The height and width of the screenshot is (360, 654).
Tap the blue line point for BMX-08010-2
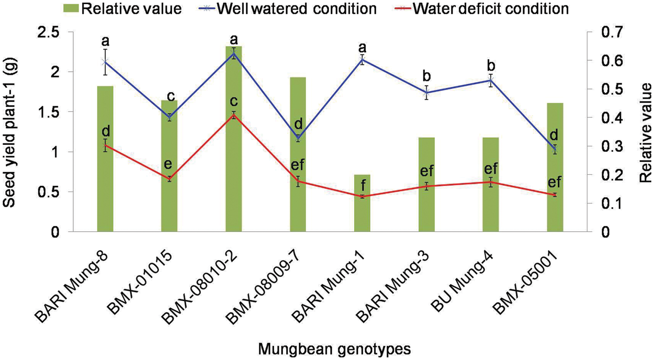234,53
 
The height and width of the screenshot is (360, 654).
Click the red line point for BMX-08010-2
234,115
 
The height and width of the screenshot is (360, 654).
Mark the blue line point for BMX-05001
555,150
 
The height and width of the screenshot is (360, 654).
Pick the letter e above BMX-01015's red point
168,164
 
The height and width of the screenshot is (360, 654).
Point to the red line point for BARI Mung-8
105,145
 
